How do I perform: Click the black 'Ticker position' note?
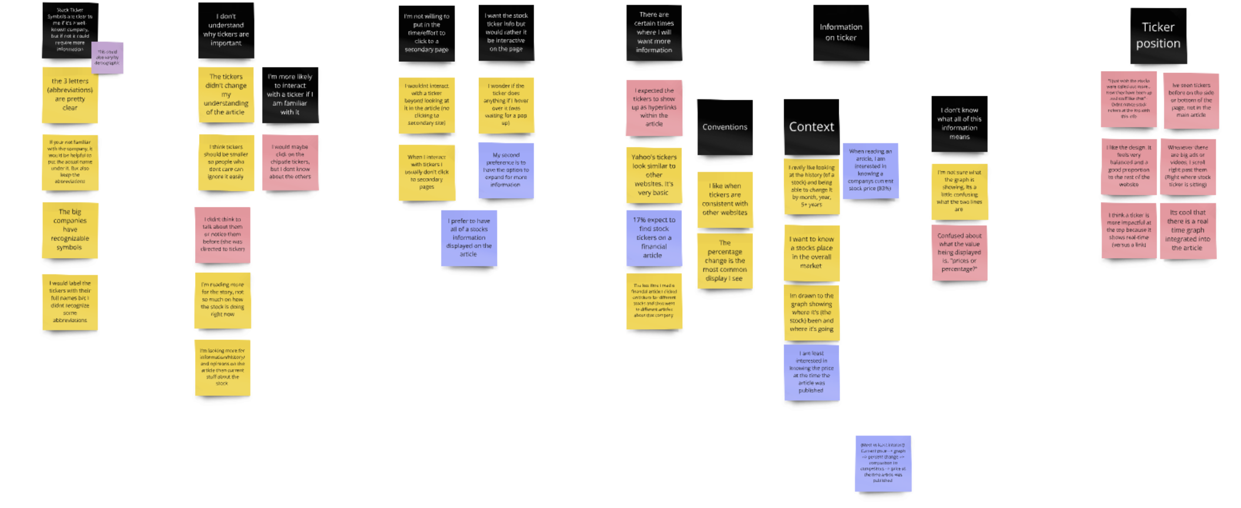(x=1158, y=35)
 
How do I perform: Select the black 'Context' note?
(x=811, y=126)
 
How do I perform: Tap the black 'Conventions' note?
(x=725, y=127)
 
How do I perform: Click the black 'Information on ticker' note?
(x=841, y=32)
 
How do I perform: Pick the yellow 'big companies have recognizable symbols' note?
(x=70, y=230)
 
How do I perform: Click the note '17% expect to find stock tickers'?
(x=654, y=238)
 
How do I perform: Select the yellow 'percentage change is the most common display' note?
(x=725, y=260)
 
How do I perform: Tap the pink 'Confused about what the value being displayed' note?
(x=959, y=252)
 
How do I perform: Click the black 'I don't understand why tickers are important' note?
(x=226, y=30)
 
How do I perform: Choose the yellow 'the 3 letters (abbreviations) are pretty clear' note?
(x=70, y=95)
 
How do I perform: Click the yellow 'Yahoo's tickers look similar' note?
(x=654, y=175)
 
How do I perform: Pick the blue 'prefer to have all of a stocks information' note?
(x=469, y=238)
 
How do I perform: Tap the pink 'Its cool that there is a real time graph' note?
(x=1188, y=230)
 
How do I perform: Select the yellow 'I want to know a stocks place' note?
(x=811, y=252)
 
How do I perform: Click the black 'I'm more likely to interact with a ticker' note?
(x=290, y=95)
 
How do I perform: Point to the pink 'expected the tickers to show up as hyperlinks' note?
(x=654, y=108)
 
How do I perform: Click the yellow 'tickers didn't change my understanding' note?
(x=226, y=94)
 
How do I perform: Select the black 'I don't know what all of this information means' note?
(x=959, y=123)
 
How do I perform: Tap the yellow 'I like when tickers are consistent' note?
(x=725, y=199)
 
